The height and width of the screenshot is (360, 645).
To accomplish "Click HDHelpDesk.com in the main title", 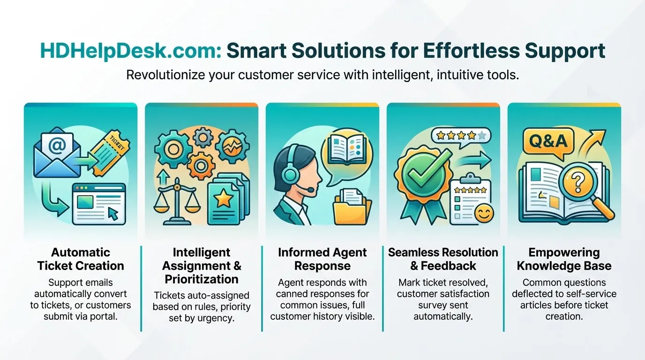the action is point(131,51).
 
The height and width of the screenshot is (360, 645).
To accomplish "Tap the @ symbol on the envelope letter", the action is point(57,145).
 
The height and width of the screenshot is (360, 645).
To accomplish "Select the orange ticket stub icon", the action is point(110,153).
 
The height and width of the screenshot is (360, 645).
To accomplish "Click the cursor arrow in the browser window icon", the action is point(113,214).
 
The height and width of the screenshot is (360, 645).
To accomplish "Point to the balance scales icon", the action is point(177,201).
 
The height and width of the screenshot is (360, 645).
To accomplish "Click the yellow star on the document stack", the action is point(223,199).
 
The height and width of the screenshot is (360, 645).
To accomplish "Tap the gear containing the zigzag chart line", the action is point(232,147).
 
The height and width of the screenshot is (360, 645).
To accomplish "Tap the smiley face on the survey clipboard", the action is point(484,213).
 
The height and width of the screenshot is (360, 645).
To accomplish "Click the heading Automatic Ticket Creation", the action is point(81,259).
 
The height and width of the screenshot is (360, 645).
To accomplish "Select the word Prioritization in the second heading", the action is point(202,279).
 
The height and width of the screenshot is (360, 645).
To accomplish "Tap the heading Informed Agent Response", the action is point(322,259).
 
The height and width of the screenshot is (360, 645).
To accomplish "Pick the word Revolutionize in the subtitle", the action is point(165,75).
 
